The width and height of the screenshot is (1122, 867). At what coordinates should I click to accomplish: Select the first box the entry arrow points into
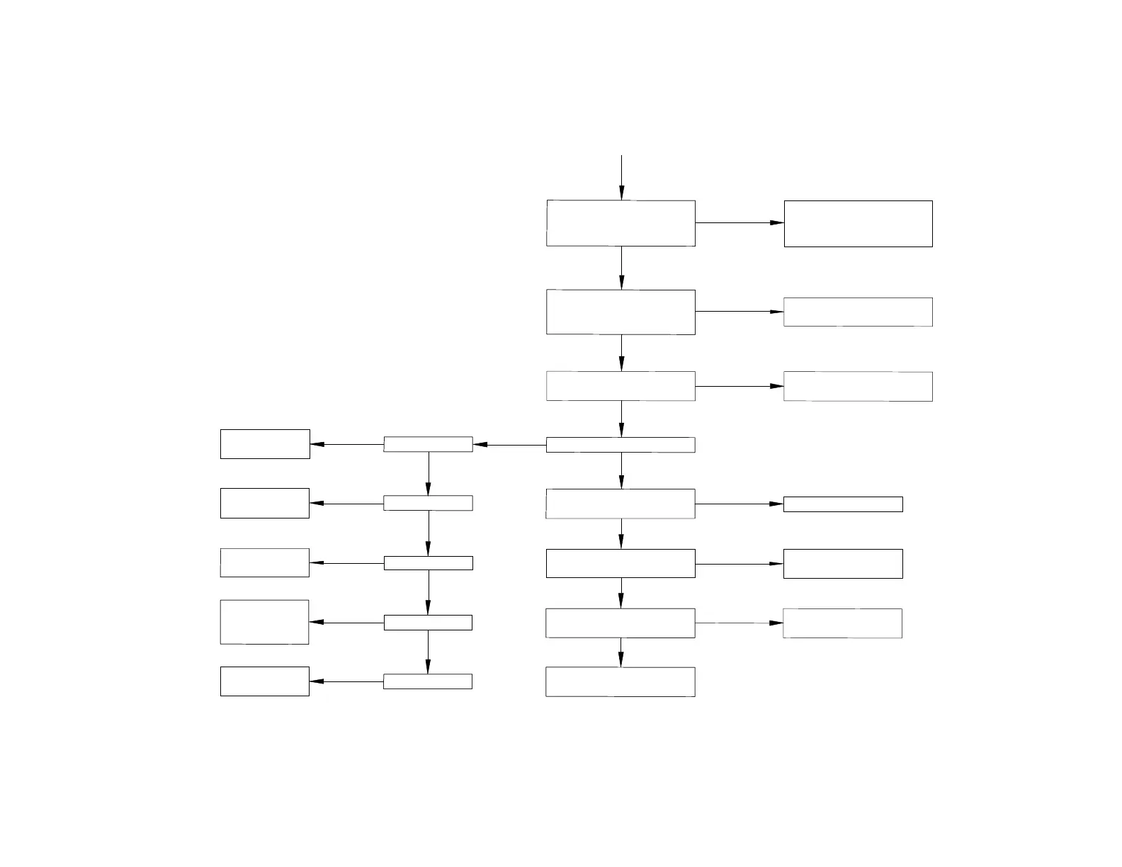[x=620, y=223]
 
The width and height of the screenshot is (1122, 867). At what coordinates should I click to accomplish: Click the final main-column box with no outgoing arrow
[x=620, y=681]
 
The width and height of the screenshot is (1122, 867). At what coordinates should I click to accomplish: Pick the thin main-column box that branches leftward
[x=620, y=445]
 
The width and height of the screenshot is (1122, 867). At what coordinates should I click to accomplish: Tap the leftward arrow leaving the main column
[x=509, y=445]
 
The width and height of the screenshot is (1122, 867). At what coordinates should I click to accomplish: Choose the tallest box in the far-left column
[x=264, y=622]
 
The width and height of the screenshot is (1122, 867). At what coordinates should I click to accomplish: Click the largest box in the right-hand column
[x=858, y=224]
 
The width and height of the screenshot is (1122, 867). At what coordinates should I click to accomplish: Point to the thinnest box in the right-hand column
[x=842, y=504]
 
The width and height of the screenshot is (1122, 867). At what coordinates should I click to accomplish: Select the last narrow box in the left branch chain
[x=428, y=681]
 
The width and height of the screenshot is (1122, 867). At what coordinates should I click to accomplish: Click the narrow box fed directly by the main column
[x=428, y=444]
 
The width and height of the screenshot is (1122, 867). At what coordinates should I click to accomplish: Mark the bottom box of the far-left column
[x=264, y=681]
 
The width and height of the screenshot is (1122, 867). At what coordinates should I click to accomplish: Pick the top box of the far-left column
[x=265, y=444]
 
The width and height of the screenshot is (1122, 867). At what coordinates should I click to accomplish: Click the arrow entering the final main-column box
[x=620, y=652]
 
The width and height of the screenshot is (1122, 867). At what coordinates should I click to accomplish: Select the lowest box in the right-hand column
[x=842, y=623]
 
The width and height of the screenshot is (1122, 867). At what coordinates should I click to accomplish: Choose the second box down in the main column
[x=620, y=312]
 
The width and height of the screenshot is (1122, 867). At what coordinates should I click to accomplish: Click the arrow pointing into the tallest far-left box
[x=346, y=623]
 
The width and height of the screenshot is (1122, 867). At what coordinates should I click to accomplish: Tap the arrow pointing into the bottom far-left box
[x=346, y=681]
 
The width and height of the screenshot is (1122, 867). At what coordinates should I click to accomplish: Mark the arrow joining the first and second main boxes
[x=621, y=268]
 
